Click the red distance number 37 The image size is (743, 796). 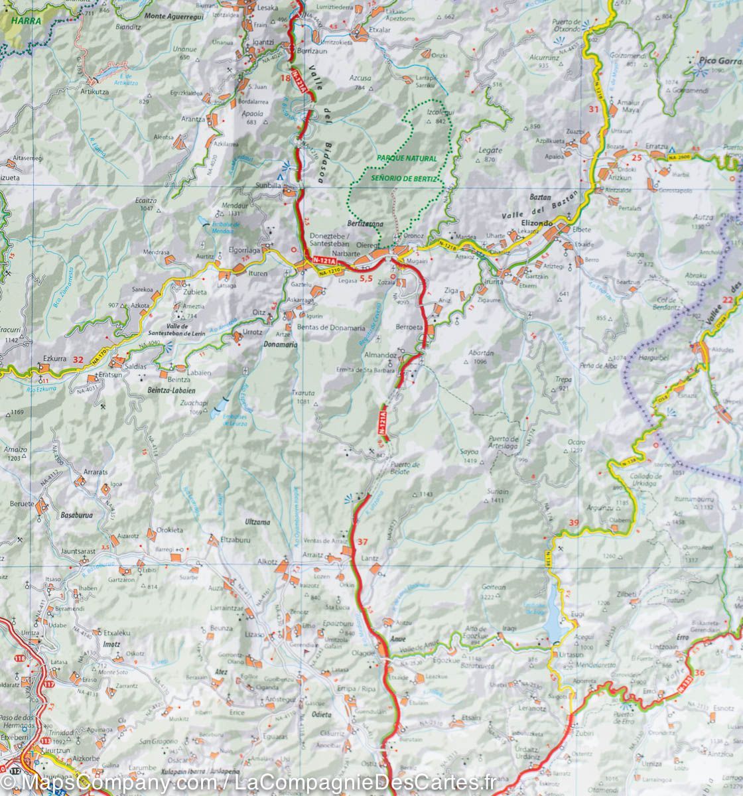362,542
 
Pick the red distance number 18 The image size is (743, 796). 286,79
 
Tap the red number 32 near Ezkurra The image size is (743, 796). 78,360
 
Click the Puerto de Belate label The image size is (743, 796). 405,468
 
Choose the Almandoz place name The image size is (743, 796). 380,356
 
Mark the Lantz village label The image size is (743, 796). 370,559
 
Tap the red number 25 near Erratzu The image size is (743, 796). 637,157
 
